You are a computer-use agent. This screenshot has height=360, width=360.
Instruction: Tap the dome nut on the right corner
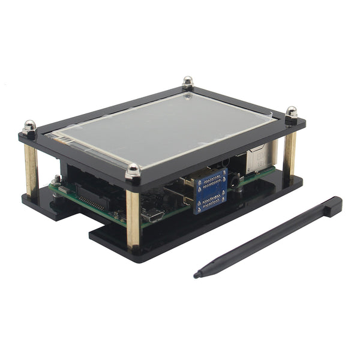click(x=292, y=112)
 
